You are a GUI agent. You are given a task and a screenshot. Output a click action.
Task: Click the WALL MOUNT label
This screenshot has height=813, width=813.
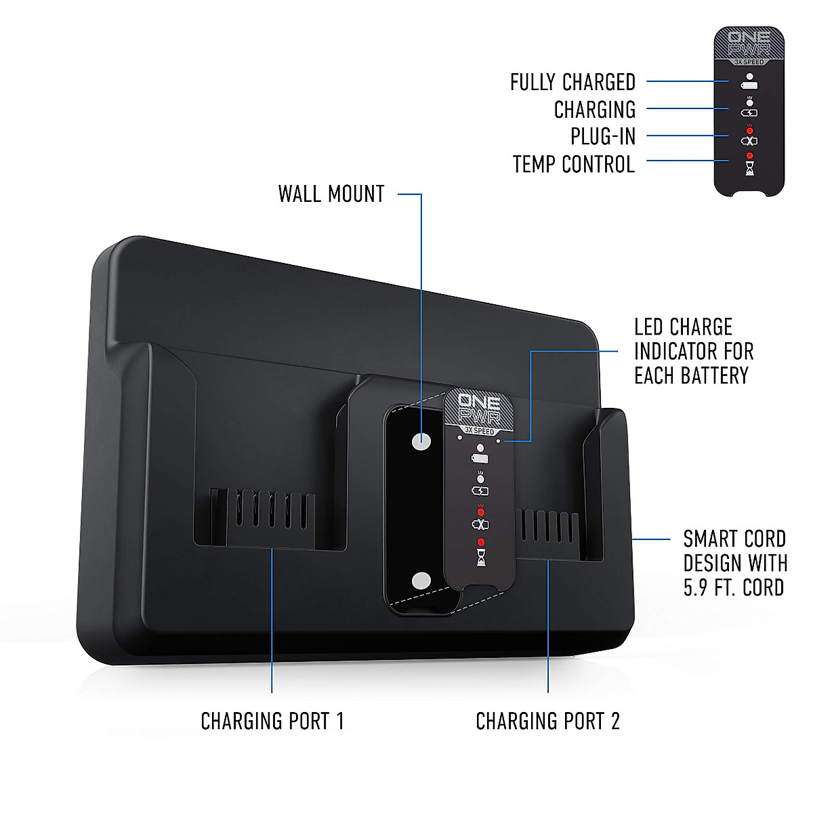point(331,194)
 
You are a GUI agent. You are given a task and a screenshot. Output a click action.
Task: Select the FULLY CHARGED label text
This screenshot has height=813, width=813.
point(572,83)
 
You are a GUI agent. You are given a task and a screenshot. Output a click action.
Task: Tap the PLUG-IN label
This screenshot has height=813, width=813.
point(602,136)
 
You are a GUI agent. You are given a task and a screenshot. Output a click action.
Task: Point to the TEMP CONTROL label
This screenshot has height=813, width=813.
point(573,165)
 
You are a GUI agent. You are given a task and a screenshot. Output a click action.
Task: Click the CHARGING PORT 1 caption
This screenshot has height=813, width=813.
point(272,721)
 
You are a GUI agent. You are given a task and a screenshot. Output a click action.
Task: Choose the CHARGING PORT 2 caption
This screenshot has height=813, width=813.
point(547,721)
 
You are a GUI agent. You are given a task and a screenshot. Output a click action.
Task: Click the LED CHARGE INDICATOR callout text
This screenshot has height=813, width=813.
point(693,351)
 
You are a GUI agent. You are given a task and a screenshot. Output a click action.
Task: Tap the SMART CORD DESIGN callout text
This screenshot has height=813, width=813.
point(734,563)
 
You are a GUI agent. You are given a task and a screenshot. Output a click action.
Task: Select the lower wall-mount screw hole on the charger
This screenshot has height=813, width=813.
point(421,581)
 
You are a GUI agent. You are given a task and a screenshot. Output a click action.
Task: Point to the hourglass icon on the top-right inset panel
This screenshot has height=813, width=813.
point(749,169)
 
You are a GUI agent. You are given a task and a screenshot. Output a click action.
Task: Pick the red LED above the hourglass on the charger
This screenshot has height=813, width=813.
point(481,542)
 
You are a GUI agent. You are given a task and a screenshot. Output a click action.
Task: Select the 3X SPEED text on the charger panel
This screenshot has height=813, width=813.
point(480,431)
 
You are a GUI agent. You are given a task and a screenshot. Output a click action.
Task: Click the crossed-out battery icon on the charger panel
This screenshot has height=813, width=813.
point(480,524)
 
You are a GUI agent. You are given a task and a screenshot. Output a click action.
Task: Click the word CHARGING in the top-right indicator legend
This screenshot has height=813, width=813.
point(595,110)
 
